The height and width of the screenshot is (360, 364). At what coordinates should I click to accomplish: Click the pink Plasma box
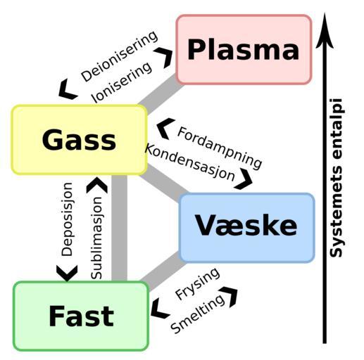pyautogui.click(x=244, y=49)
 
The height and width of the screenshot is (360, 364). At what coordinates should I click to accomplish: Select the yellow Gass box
pyautogui.click(x=80, y=140)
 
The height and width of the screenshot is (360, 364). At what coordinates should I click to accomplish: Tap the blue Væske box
pyautogui.click(x=246, y=228)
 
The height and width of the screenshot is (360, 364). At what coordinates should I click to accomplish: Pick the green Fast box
pyautogui.click(x=81, y=316)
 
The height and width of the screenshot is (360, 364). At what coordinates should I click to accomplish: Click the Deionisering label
pyautogui.click(x=119, y=56)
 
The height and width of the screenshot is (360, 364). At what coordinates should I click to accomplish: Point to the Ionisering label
pyautogui.click(x=121, y=82)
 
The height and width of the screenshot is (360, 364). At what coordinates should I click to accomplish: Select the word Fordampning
pyautogui.click(x=220, y=148)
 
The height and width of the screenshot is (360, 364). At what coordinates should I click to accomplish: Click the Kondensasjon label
pyautogui.click(x=190, y=162)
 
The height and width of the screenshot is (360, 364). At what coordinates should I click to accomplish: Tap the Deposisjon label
pyautogui.click(x=67, y=219)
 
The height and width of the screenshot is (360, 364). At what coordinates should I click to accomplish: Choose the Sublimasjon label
pyautogui.click(x=96, y=238)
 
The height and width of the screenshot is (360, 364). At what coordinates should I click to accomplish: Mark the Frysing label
pyautogui.click(x=198, y=283)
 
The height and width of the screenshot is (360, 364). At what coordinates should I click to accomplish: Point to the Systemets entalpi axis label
pyautogui.click(x=336, y=178)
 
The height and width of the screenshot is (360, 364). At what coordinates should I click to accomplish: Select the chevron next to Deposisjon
pyautogui.click(x=67, y=273)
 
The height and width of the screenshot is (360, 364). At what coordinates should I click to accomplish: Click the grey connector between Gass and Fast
pyautogui.click(x=119, y=228)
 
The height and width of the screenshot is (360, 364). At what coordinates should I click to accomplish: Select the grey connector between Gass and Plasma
pyautogui.click(x=161, y=94)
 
